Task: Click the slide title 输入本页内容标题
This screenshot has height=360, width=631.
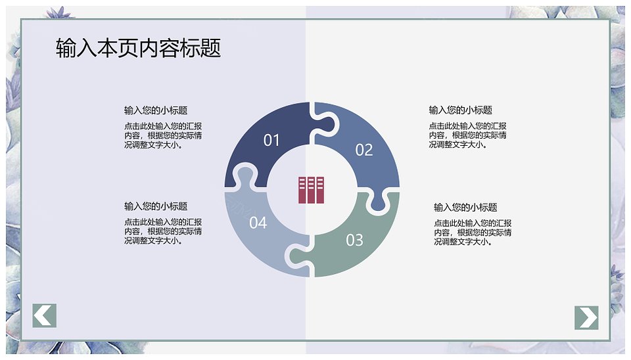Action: point(139,48)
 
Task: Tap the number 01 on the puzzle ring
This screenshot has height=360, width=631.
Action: point(271,140)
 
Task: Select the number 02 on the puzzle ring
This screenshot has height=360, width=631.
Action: point(364,150)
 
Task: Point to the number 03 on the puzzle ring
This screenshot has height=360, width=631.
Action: point(354,240)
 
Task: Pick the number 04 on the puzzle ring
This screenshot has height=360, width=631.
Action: point(258,223)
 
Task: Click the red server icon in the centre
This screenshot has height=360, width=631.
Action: point(311,190)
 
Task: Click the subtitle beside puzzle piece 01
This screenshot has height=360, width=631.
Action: point(156,110)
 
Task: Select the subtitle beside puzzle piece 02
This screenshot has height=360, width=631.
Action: point(460,110)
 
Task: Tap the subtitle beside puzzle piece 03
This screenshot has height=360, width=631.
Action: point(465,207)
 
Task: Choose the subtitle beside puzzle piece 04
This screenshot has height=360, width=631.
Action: point(156,206)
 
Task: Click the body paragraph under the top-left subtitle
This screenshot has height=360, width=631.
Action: point(163,135)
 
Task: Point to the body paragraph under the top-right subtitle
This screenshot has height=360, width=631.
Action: point(467,135)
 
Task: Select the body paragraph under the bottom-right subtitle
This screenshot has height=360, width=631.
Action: point(473,233)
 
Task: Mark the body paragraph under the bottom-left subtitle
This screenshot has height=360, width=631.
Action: point(163,231)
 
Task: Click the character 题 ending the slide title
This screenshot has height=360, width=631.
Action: point(210,48)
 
